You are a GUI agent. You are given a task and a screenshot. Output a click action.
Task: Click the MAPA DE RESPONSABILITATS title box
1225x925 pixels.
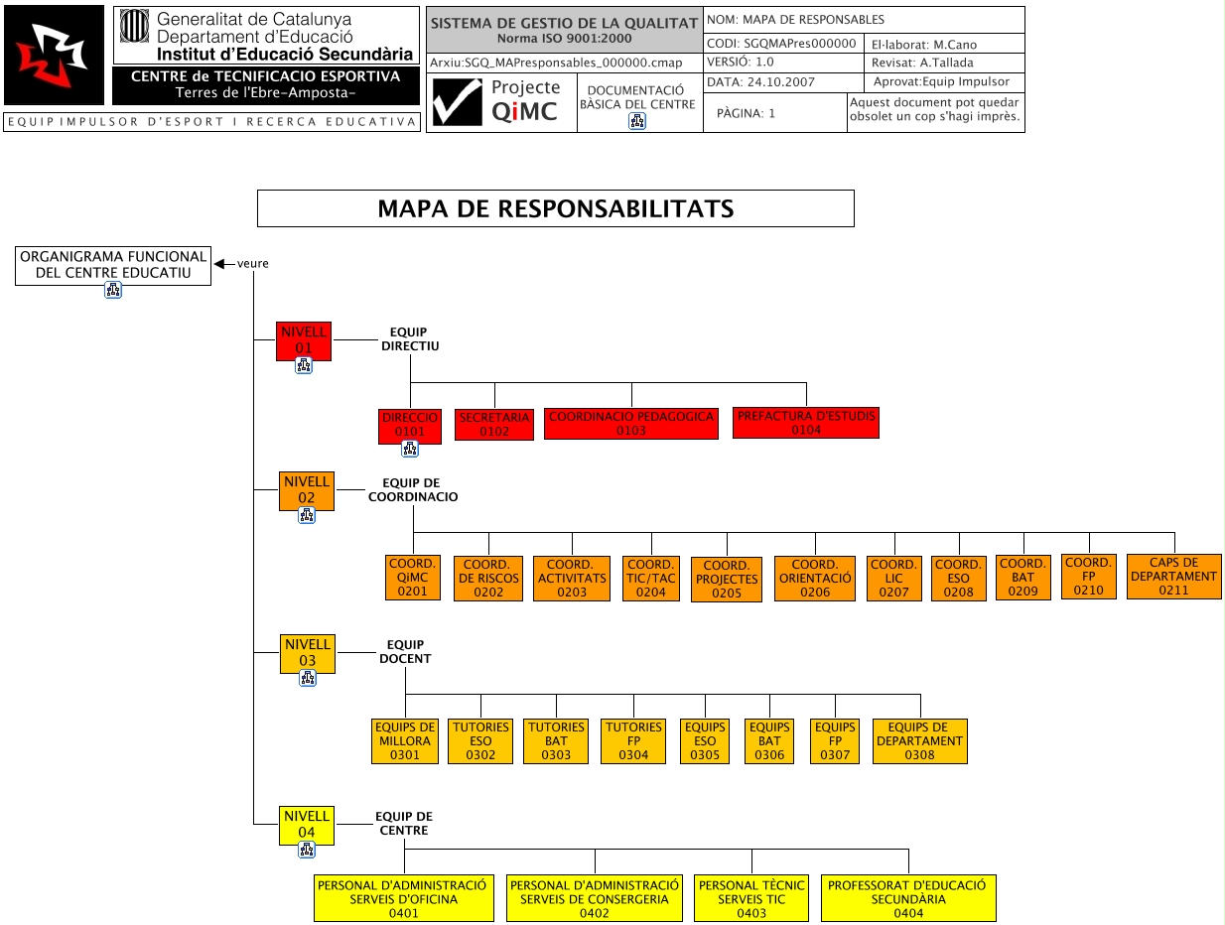tap(555, 208)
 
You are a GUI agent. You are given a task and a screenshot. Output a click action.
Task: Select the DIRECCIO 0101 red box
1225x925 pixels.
tap(410, 425)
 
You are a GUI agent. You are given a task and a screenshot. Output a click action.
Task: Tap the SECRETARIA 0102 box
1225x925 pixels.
tap(494, 425)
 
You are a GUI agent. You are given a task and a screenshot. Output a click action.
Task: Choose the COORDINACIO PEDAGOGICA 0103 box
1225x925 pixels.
tap(631, 424)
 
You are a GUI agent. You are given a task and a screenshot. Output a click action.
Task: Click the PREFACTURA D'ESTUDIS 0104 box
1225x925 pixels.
tap(806, 423)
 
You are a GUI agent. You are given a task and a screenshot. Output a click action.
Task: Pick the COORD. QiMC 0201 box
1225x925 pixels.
tap(412, 578)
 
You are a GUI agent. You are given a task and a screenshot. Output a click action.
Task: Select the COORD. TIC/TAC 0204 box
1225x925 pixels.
tap(651, 579)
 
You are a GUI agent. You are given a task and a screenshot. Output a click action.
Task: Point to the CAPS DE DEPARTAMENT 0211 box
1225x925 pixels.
tap(1173, 577)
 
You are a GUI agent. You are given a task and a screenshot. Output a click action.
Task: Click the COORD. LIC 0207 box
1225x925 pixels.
tap(893, 579)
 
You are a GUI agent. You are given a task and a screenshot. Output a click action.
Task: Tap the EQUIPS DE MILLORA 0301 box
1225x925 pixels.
tap(405, 741)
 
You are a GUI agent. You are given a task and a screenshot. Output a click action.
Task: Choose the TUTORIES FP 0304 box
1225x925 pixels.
tap(633, 741)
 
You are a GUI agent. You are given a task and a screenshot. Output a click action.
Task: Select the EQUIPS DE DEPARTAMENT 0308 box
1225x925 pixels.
tap(919, 741)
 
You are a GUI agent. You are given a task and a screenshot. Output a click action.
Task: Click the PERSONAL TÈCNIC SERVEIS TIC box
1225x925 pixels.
tap(751, 899)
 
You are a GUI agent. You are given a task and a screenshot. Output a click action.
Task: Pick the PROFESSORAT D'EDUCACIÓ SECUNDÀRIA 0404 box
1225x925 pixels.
tap(907, 899)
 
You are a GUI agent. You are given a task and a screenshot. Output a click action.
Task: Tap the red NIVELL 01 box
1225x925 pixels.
tap(304, 340)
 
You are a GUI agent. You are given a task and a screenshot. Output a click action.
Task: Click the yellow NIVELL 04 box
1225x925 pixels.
tap(307, 825)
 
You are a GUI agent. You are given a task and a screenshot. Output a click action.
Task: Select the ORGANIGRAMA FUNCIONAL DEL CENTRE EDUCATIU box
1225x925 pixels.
tap(113, 264)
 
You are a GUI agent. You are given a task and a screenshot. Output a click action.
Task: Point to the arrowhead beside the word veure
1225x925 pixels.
tap(221, 263)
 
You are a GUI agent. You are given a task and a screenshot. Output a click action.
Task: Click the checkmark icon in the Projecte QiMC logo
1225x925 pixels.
tap(458, 102)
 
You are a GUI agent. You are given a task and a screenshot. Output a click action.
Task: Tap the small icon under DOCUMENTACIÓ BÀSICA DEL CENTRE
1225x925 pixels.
tap(637, 121)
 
